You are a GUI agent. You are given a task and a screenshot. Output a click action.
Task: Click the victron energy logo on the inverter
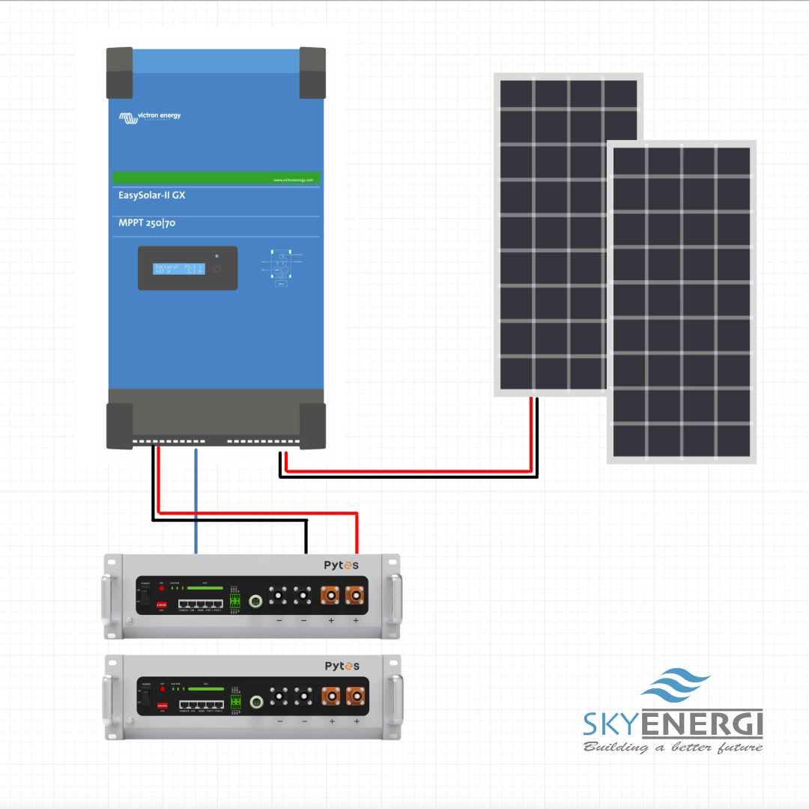(x=150, y=117)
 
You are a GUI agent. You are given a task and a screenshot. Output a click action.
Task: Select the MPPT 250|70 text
(x=147, y=222)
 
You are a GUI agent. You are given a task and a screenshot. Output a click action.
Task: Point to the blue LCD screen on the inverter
(x=179, y=269)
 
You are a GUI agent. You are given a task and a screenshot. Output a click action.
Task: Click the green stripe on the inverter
(x=216, y=178)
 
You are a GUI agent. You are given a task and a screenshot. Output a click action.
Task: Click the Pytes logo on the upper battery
(x=341, y=566)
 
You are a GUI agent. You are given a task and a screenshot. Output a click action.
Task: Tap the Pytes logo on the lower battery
(x=342, y=666)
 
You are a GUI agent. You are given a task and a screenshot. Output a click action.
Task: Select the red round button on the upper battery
(x=161, y=589)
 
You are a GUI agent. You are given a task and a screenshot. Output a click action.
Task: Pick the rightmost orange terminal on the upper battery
(x=354, y=597)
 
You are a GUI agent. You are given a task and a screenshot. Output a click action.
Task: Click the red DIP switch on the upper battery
(x=161, y=603)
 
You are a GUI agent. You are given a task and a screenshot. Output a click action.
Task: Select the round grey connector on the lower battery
(x=256, y=701)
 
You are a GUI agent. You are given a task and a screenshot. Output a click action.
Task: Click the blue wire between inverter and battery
(x=196, y=502)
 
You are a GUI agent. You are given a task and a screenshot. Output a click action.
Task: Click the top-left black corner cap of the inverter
(x=119, y=72)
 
